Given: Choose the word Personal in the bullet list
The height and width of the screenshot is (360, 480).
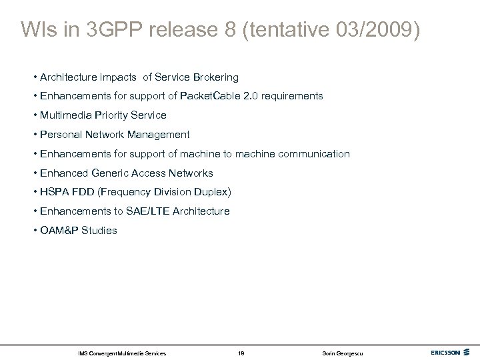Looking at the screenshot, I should pos(61,134).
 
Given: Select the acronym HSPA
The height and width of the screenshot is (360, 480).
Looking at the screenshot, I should pos(53,192).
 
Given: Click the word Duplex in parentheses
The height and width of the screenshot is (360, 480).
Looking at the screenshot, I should pos(211,192).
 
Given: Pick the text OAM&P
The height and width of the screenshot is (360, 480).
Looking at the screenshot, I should pos(57,230).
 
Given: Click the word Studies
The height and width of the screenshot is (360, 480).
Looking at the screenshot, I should pos(98,230).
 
